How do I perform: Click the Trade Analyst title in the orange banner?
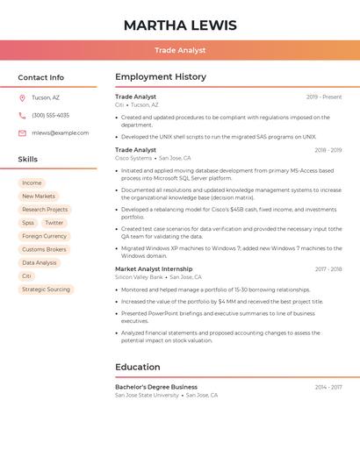180,50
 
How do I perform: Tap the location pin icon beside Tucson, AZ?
22,97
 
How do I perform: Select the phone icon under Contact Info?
22,115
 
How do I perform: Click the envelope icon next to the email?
22,132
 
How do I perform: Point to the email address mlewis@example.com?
60,132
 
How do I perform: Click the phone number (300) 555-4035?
50,115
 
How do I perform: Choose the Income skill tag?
32,183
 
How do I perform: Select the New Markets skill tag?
39,197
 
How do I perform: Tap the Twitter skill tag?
54,223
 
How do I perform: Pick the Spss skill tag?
28,223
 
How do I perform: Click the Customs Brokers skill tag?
44,249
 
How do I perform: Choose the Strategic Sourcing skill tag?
46,289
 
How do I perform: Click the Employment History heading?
161,77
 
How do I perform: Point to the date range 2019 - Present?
324,97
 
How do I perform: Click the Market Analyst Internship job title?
154,269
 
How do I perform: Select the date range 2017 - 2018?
328,269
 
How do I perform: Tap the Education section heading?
138,367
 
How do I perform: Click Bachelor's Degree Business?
156,387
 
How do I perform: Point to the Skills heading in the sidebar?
28,160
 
